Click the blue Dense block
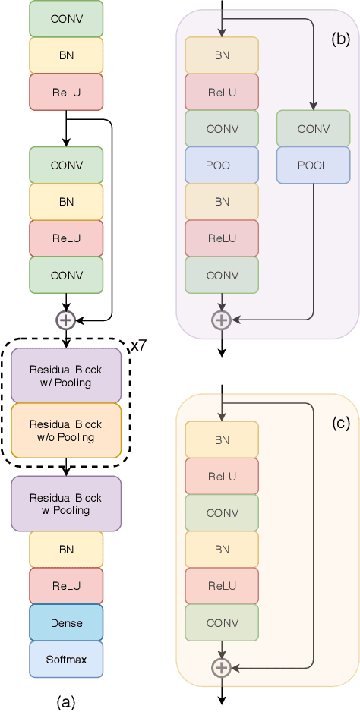pyautogui.click(x=66, y=623)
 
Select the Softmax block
pyautogui.click(x=66, y=660)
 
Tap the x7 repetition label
pyautogui.click(x=139, y=345)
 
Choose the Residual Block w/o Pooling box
pyautogui.click(x=66, y=431)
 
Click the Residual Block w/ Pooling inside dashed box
pyautogui.click(x=66, y=376)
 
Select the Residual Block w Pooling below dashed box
pyautogui.click(x=66, y=504)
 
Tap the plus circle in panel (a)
pyautogui.click(x=66, y=320)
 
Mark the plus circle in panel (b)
pyautogui.click(x=221, y=320)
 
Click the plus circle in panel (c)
pyautogui.click(x=221, y=667)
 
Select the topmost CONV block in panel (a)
pyautogui.click(x=66, y=17)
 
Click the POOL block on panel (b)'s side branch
pyautogui.click(x=314, y=165)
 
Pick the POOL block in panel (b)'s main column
pyautogui.click(x=222, y=165)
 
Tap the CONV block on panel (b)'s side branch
pyautogui.click(x=314, y=129)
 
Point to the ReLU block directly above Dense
pyautogui.click(x=66, y=587)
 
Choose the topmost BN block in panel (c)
pyautogui.click(x=222, y=440)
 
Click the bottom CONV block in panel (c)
pyautogui.click(x=222, y=623)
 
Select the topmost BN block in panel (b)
pyautogui.click(x=222, y=55)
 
